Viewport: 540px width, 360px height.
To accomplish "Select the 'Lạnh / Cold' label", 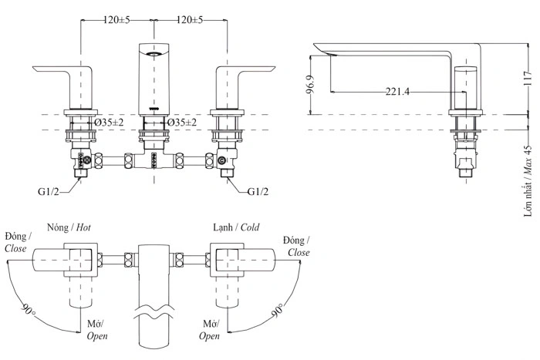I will (x=236, y=228).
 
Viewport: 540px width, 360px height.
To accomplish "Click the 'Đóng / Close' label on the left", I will (x=16, y=242).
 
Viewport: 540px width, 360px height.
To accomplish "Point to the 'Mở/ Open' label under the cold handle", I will (x=209, y=330).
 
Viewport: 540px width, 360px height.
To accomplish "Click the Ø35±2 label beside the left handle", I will (x=108, y=123).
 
